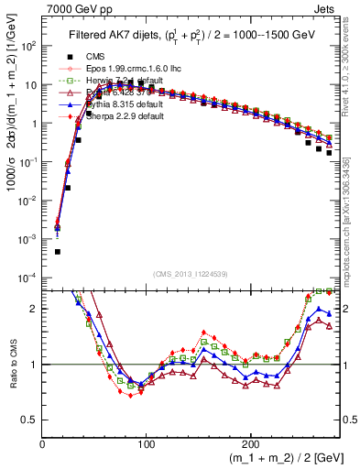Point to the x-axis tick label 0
coord(43,445)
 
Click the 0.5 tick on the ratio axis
coord(30,420)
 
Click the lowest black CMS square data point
coord(57,251)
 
